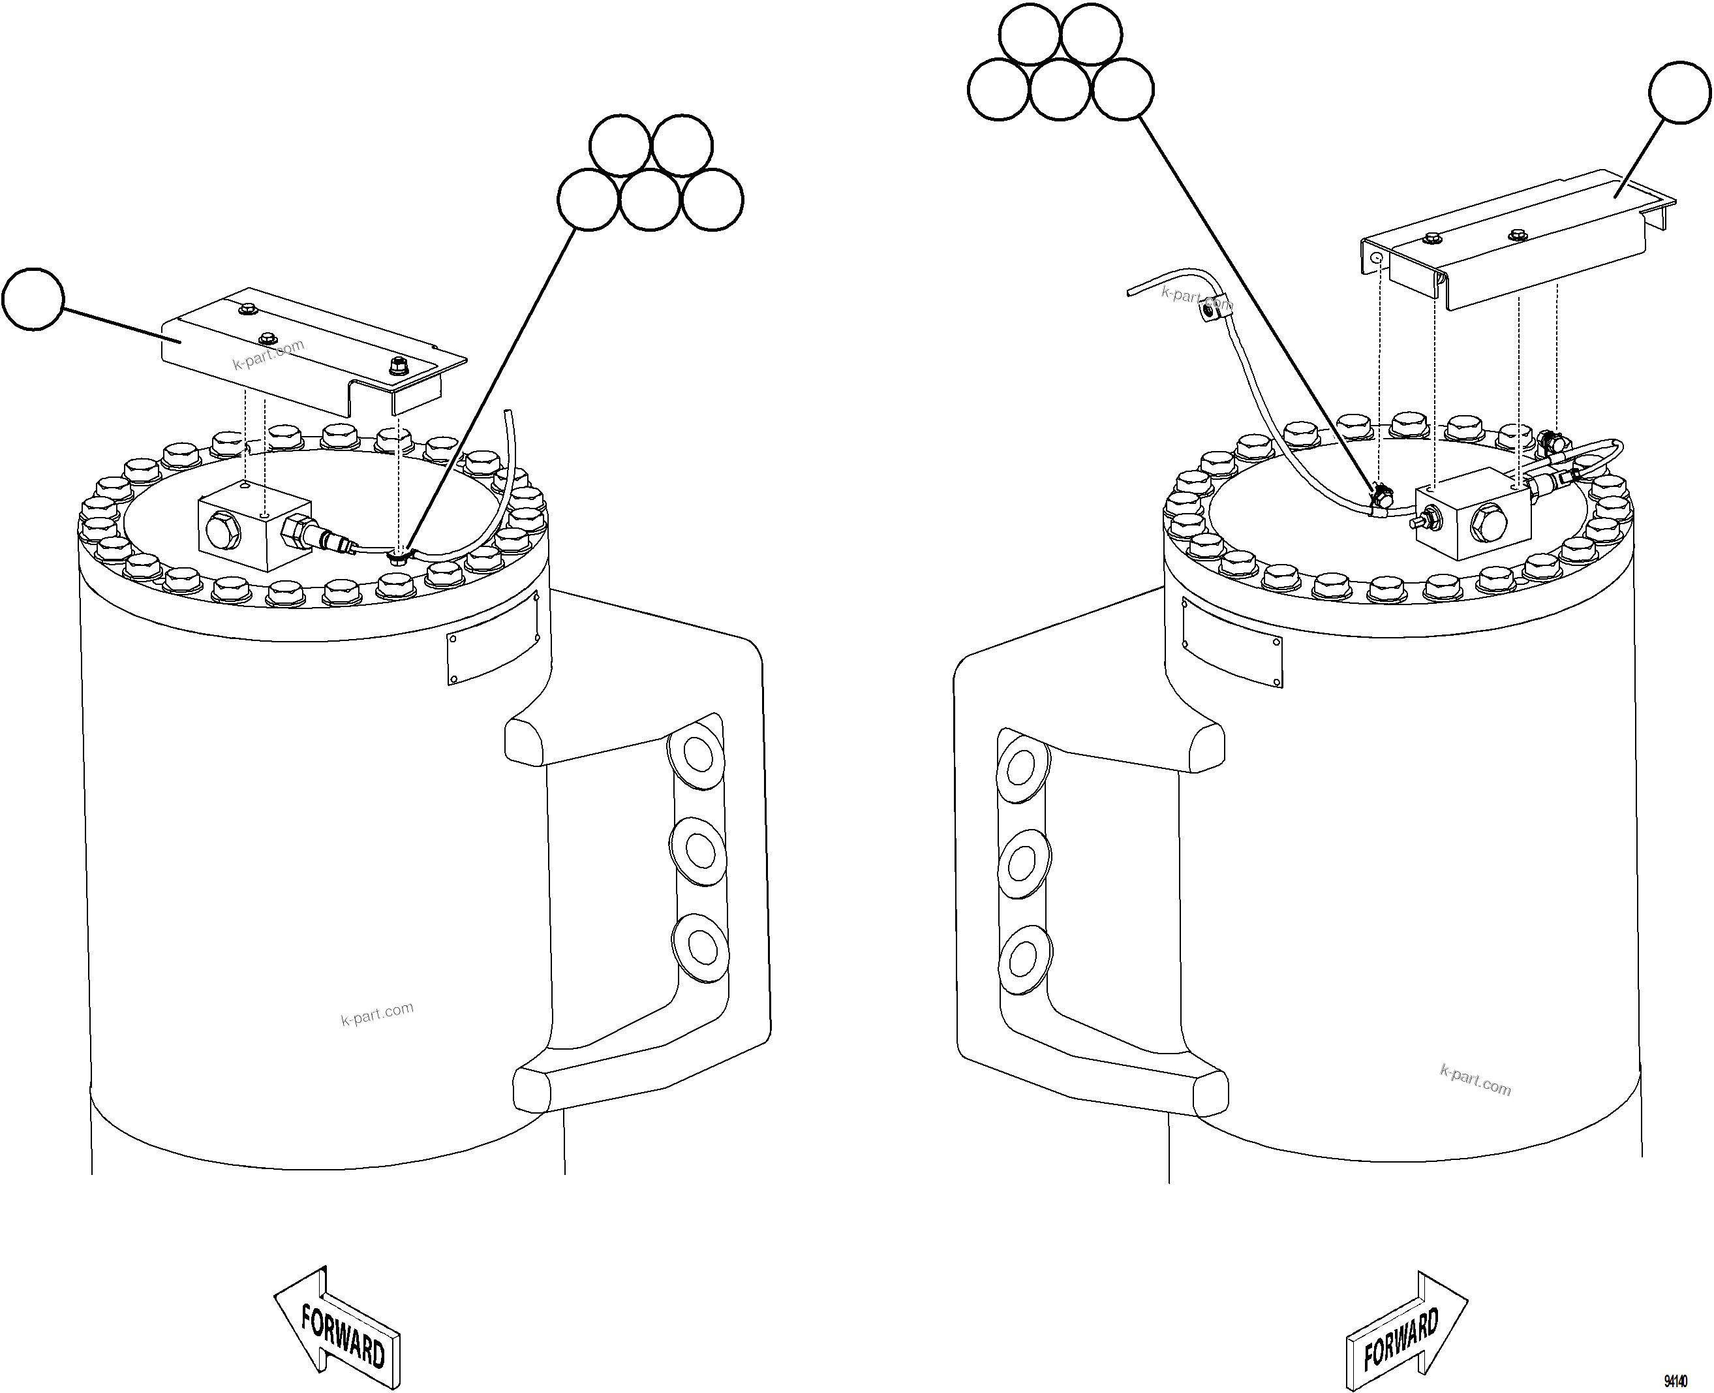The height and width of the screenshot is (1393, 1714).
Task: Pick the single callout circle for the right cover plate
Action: pos(1679,92)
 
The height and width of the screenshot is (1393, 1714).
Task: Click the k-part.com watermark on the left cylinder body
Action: pos(377,1014)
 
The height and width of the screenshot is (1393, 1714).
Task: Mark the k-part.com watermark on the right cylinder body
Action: pos(1476,1079)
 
